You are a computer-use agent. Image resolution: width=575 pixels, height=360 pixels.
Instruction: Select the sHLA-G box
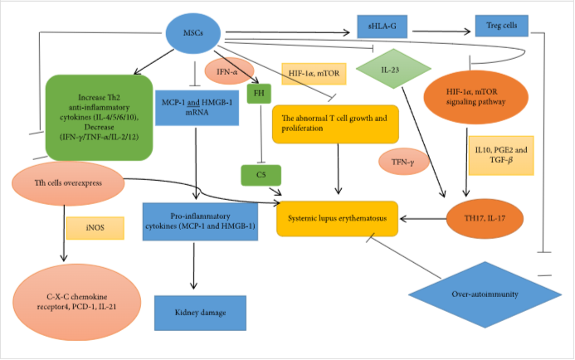pos(384,26)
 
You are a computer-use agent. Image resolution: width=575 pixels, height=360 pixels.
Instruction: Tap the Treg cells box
pos(497,26)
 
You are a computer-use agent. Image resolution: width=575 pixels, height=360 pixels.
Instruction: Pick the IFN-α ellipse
pos(227,72)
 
